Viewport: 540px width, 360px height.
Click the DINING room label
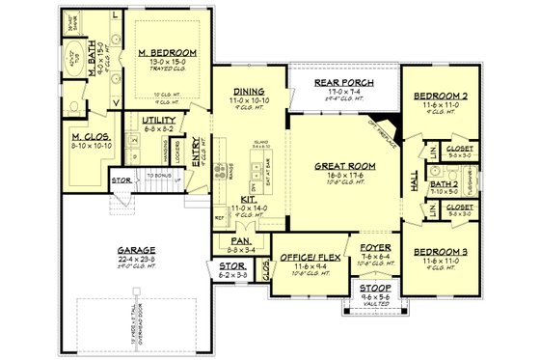click(248, 91)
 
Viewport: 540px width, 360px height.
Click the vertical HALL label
click(417, 182)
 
